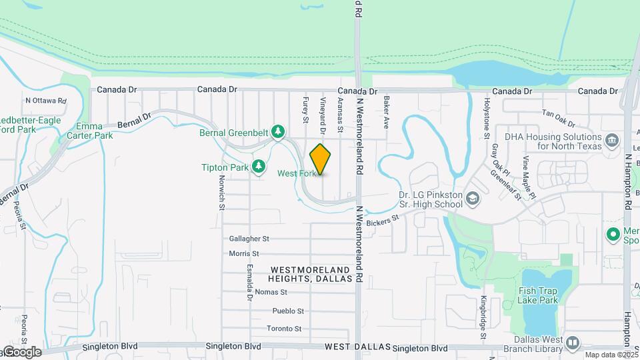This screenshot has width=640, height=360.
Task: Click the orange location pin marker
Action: coord(321,159)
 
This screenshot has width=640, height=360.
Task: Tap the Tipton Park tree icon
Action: coord(259,167)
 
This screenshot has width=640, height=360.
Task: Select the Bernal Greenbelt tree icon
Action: coord(279,132)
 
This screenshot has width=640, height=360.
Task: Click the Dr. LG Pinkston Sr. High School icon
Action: coord(472,199)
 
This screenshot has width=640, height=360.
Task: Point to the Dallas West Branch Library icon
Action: coord(572,343)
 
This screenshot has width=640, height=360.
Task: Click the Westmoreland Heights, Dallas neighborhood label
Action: coord(311,274)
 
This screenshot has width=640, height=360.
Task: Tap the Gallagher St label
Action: coord(249,238)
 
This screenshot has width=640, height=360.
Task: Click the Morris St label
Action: coord(243,254)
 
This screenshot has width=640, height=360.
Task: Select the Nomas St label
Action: coord(271,292)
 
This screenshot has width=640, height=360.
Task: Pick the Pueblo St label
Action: coord(288,311)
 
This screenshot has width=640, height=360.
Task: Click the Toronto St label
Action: coord(284,329)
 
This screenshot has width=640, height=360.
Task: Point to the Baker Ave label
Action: coord(386,112)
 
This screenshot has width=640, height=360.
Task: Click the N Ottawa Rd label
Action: coord(46,101)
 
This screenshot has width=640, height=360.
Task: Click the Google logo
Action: coord(21,351)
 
